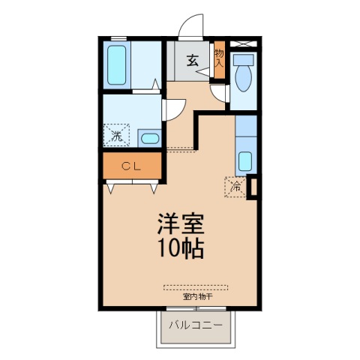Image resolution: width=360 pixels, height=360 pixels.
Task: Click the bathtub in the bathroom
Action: pos(116,65)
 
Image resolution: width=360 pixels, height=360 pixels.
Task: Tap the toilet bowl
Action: pos(243,79)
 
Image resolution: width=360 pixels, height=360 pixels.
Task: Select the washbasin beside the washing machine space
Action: pos(150,138)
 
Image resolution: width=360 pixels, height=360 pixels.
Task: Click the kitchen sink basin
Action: pos(245,161)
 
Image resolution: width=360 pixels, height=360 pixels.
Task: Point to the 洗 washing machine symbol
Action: pos(117,135)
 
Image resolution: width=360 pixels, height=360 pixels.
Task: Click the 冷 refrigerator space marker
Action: pos(235,187)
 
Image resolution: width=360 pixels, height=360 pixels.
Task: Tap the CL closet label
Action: pos(131,166)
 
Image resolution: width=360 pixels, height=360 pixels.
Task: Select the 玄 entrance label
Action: pos(193,61)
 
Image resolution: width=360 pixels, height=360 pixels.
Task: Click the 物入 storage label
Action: pos(219,58)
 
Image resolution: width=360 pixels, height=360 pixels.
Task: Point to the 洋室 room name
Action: pos(181,224)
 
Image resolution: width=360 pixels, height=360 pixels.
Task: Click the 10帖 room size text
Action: pos(181,249)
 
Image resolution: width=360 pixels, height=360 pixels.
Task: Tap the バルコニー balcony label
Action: pos(196,325)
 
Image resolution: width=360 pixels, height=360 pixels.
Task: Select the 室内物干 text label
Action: pos(198,297)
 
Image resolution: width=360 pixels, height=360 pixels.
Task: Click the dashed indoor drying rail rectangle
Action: pos(196,287)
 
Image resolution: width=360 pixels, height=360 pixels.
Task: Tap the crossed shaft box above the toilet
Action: pos(243,43)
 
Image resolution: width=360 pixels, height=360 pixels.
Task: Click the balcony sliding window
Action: pos(196,308)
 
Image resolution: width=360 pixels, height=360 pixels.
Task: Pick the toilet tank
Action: pos(243,60)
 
